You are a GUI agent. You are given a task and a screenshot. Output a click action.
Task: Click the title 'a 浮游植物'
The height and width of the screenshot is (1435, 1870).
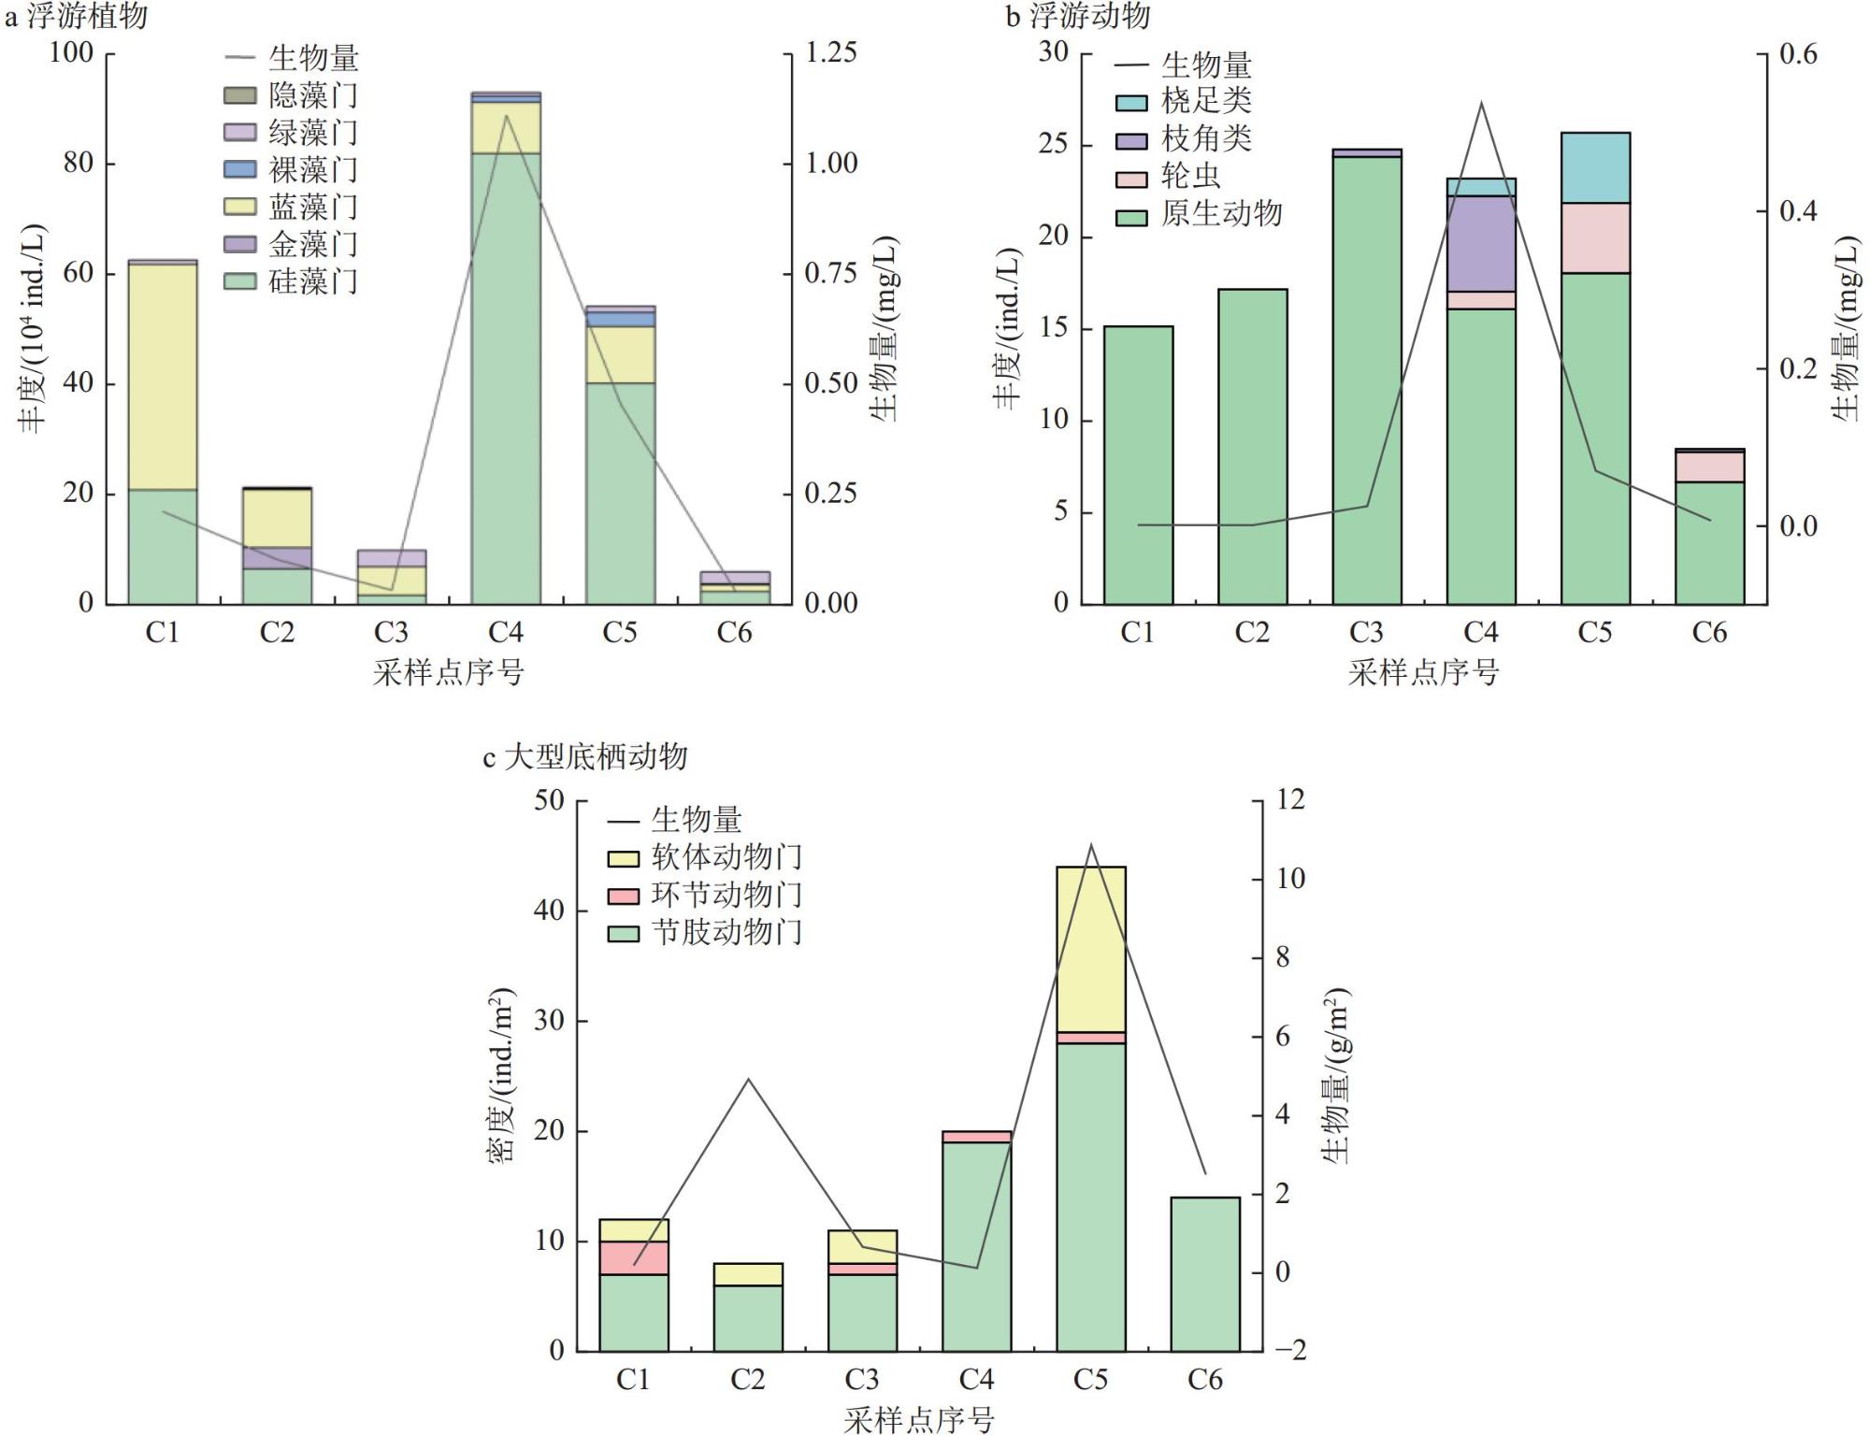click(x=77, y=16)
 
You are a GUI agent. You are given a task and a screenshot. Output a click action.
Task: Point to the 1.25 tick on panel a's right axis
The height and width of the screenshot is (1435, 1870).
click(x=830, y=52)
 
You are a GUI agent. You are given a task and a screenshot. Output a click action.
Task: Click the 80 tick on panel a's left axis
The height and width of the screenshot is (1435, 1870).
click(x=79, y=164)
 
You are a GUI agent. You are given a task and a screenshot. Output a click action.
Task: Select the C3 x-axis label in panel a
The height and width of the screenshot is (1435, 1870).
click(x=391, y=634)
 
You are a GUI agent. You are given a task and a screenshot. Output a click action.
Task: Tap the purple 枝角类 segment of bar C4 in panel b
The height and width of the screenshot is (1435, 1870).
click(x=1480, y=243)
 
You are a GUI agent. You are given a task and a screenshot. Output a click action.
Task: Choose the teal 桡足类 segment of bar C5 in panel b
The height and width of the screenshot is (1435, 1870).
click(x=1595, y=167)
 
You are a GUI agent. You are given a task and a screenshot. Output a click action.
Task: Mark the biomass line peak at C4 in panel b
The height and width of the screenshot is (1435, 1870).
click(x=1481, y=103)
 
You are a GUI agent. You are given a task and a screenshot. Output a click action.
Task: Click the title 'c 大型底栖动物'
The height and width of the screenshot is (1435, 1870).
click(x=585, y=756)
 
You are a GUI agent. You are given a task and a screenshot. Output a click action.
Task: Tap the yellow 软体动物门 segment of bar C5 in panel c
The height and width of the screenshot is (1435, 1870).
click(x=1090, y=949)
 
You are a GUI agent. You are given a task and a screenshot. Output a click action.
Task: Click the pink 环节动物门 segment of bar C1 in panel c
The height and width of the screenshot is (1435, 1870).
click(x=633, y=1257)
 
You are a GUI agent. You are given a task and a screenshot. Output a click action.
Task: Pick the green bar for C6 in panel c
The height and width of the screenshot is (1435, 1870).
click(x=1204, y=1273)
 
